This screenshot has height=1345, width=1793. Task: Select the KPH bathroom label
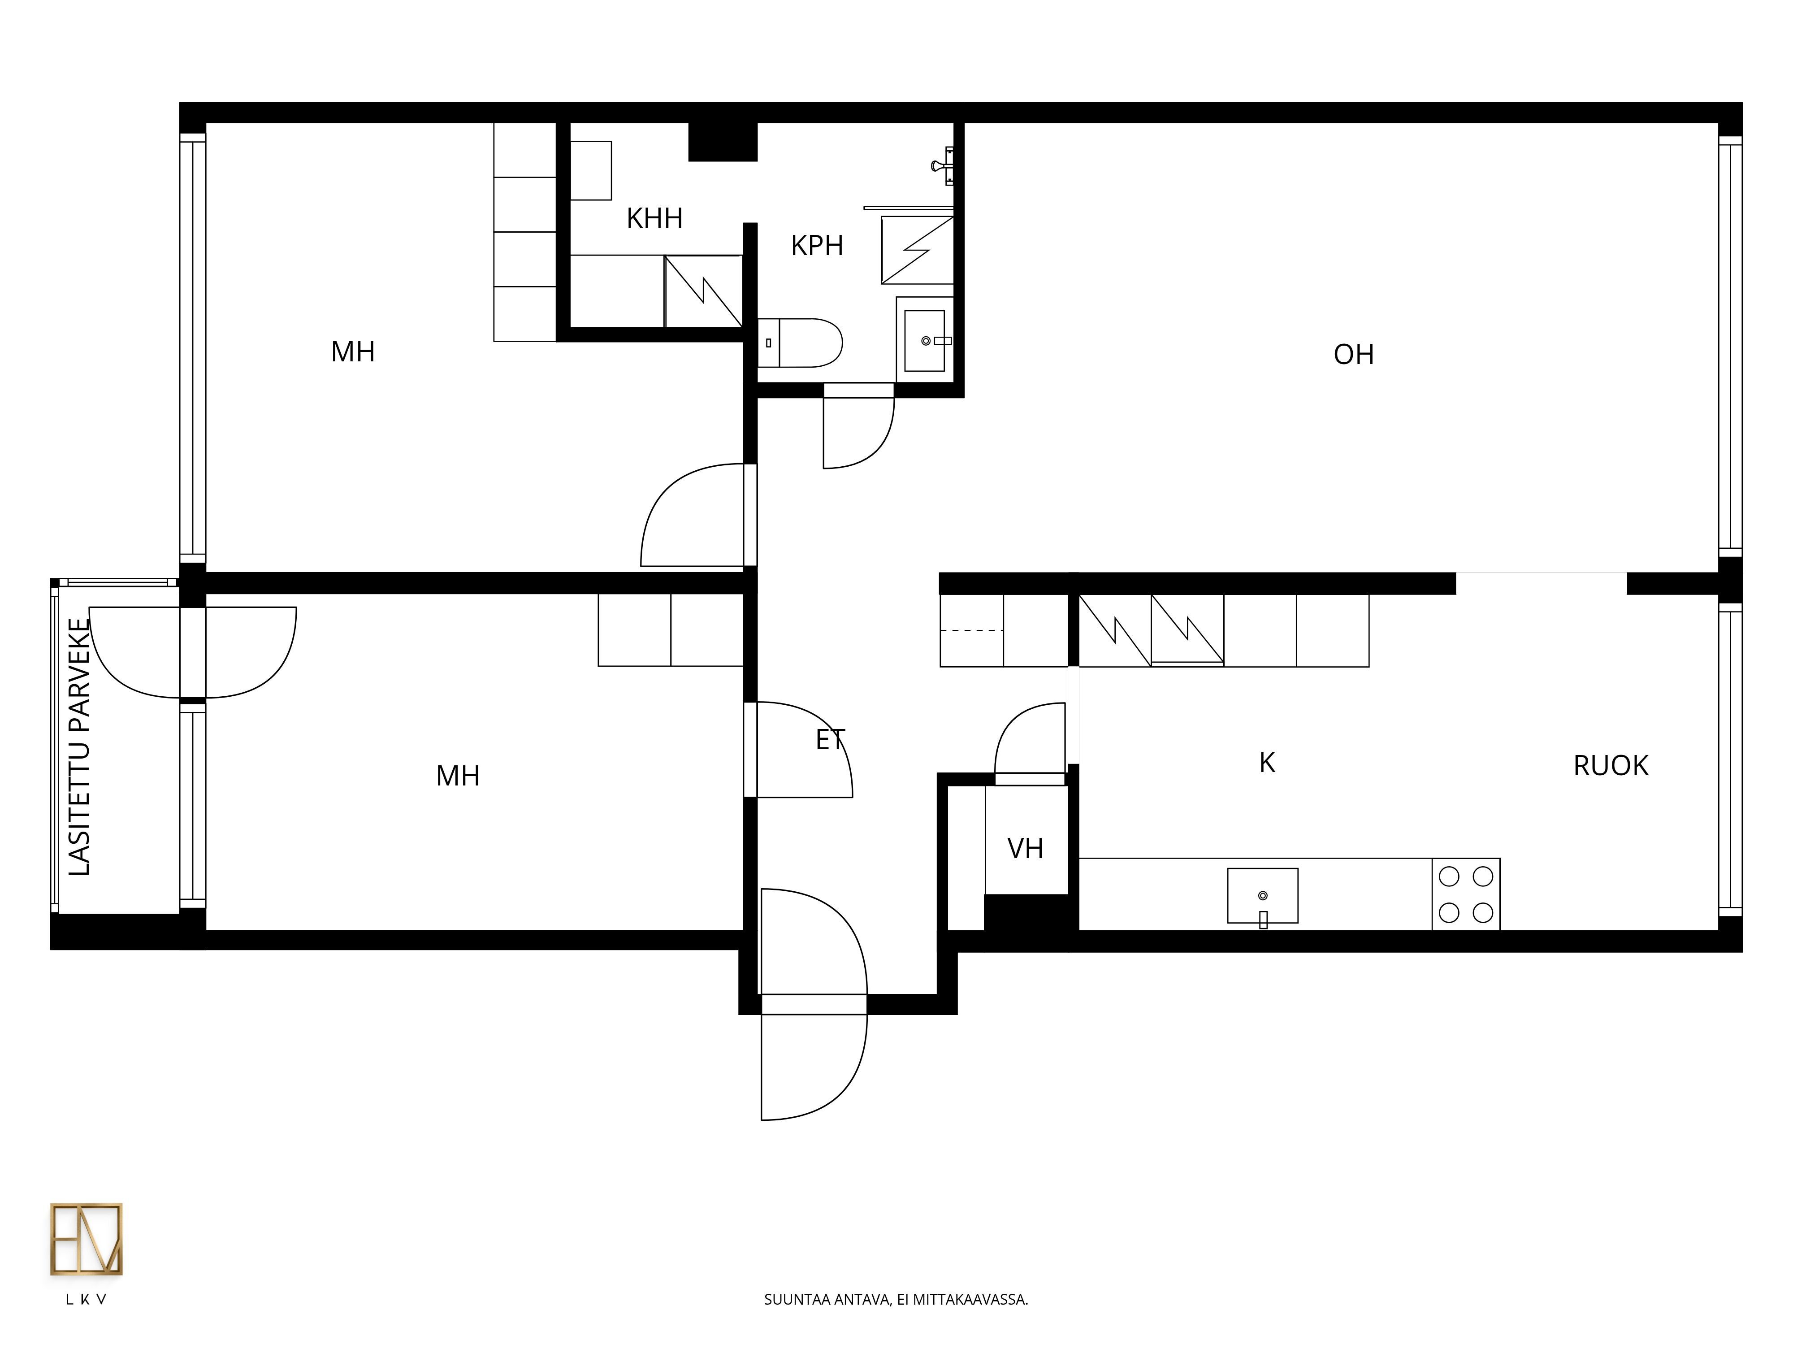(817, 246)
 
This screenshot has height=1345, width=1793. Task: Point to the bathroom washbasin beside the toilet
(925, 340)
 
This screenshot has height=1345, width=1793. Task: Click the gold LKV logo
(86, 1239)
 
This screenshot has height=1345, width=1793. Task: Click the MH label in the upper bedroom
(353, 352)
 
